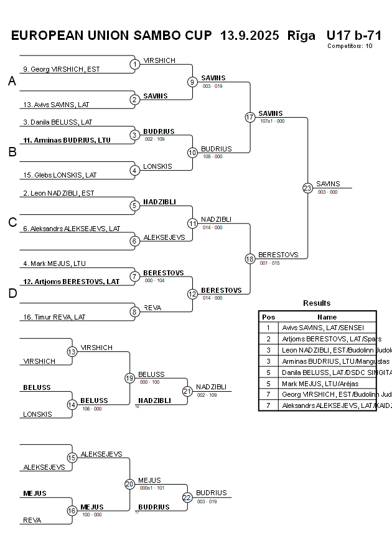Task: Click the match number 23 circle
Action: [307, 188]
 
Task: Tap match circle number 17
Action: [250, 117]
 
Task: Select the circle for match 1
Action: [135, 64]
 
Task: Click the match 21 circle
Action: [187, 391]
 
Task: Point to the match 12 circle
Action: [193, 293]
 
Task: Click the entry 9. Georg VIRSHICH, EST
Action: [61, 69]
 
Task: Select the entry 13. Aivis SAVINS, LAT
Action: [57, 104]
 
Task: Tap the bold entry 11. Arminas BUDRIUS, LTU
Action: [67, 140]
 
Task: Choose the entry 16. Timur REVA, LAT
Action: [54, 317]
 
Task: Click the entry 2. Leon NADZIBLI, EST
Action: [58, 193]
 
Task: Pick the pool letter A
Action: [12, 82]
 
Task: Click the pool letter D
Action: [12, 294]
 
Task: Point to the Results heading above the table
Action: [317, 303]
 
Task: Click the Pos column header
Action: [268, 317]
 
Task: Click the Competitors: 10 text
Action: [350, 45]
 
